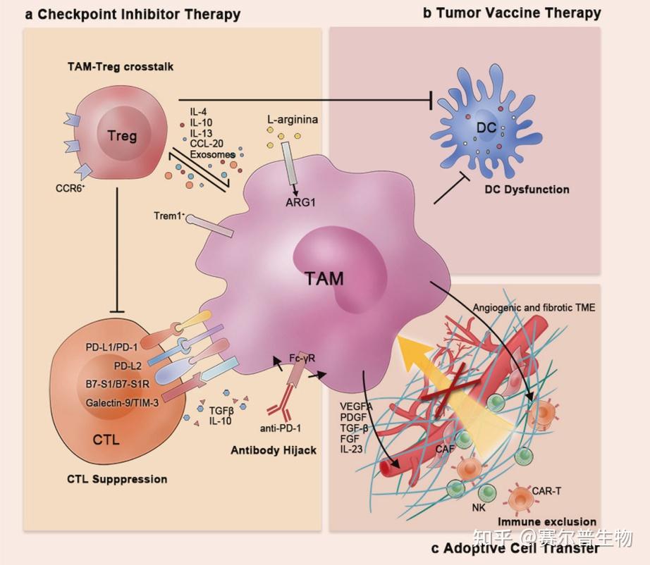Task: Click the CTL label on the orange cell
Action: (x=106, y=440)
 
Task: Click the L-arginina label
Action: (x=293, y=120)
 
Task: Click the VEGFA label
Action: (x=356, y=406)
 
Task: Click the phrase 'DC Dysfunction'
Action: (x=527, y=189)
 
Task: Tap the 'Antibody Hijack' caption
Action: (x=273, y=449)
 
